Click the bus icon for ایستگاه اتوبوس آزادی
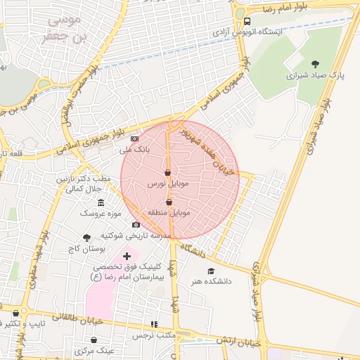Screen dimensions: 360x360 (246, 21)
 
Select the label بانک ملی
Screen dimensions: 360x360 (133, 150)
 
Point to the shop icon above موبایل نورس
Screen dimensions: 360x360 (167, 172)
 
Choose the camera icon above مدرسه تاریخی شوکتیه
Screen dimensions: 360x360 (136, 225)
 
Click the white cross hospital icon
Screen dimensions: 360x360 (127, 256)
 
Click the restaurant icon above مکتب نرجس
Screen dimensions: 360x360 (154, 324)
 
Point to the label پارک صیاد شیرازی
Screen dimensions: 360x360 (315, 74)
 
